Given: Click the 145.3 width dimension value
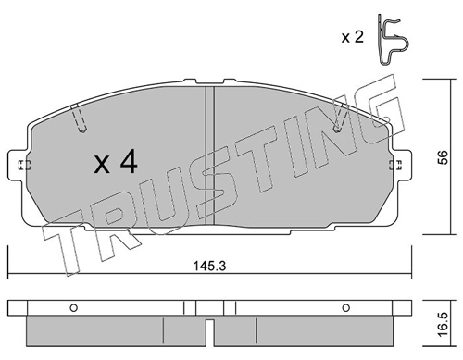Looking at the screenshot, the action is (209, 266).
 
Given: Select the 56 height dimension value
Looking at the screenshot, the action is (444, 157).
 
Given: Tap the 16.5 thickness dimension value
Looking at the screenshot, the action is (444, 324).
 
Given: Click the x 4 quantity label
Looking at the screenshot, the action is (116, 162).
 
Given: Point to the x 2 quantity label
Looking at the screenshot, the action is (353, 37).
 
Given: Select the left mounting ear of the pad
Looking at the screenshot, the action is (18, 165).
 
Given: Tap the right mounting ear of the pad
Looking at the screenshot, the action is (401, 165).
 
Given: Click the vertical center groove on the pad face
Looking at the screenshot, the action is (209, 155).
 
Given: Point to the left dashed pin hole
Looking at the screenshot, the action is (78, 118).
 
